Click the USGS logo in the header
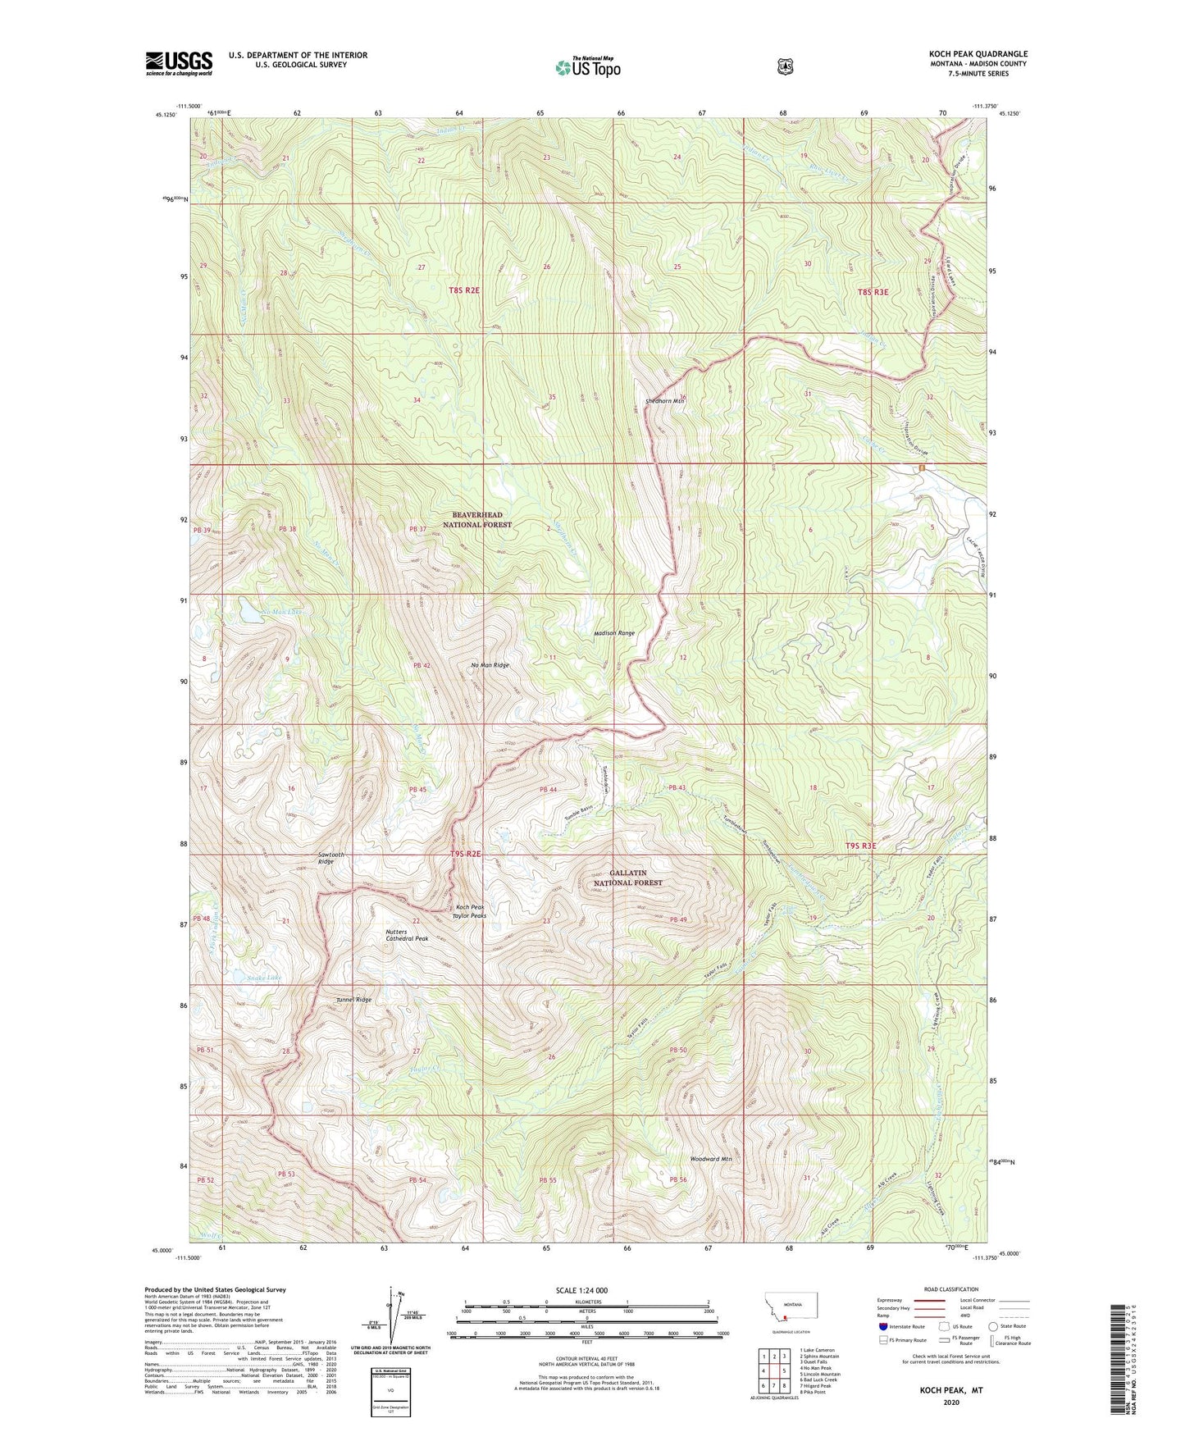pos(179,63)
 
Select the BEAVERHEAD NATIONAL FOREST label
pos(477,519)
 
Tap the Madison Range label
pos(614,633)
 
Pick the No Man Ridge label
pos(490,665)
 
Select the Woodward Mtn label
pos(710,1159)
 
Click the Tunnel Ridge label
pos(353,1000)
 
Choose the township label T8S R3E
pos(873,292)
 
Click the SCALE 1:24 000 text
pos(581,1290)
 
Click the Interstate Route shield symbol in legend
pos(882,1325)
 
